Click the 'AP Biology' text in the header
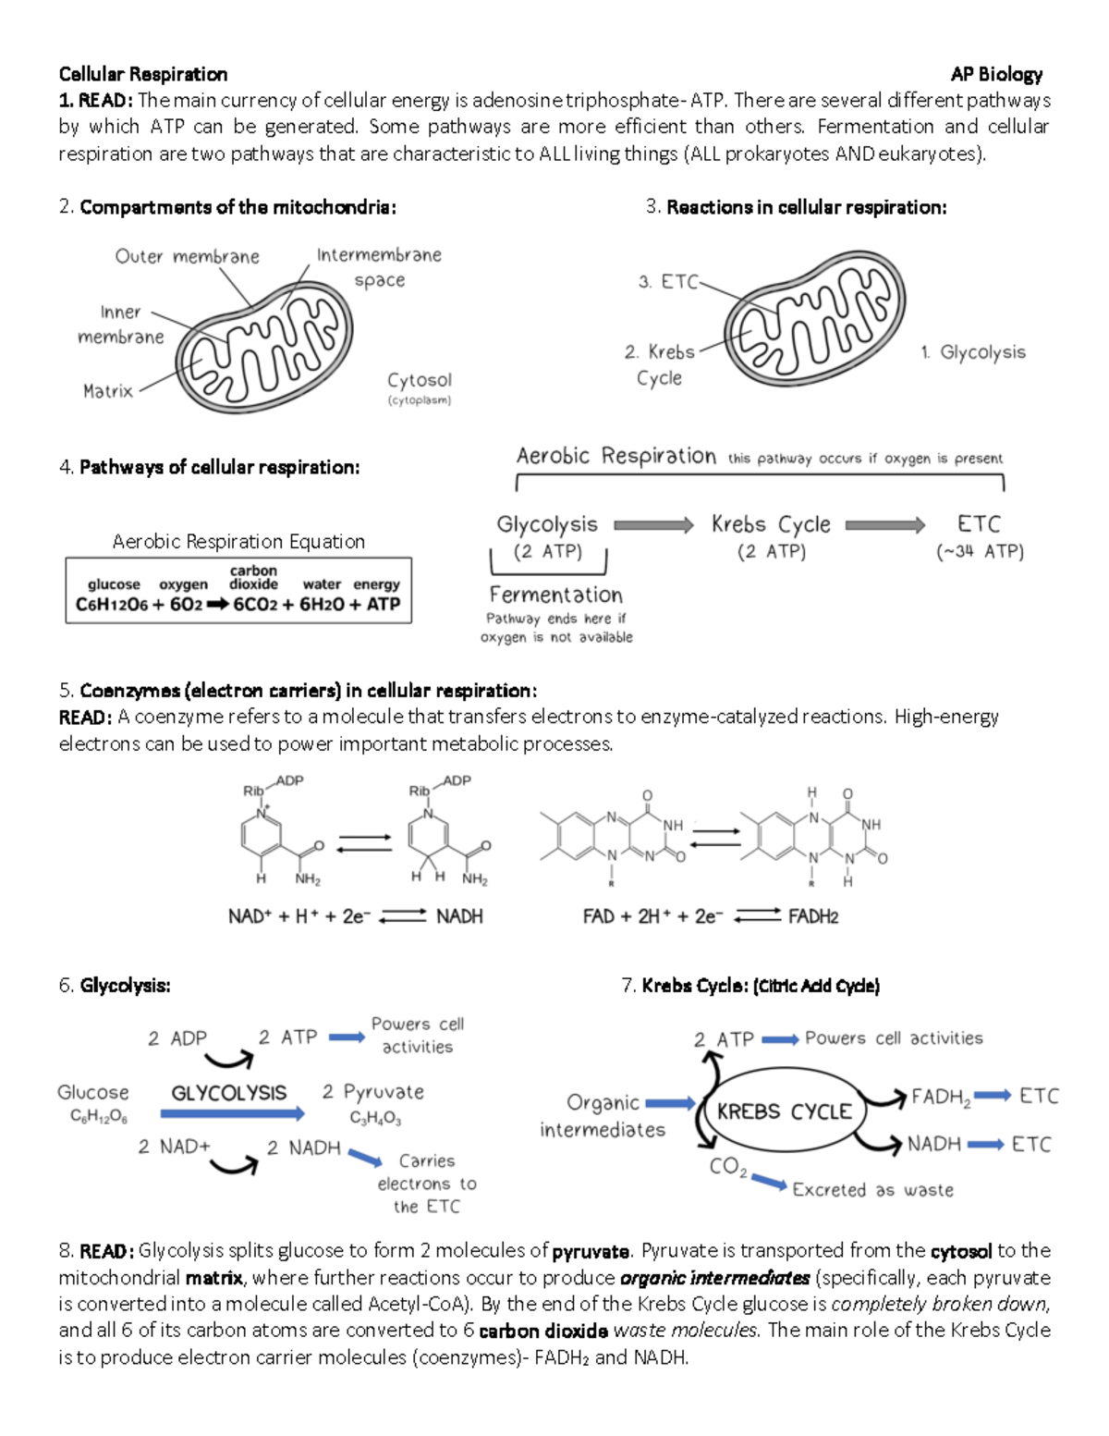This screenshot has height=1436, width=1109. click(996, 74)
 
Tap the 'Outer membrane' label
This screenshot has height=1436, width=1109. click(187, 256)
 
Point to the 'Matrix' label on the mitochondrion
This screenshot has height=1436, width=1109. click(108, 391)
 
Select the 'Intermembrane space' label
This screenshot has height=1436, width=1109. click(379, 266)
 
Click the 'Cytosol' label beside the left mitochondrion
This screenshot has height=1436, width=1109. click(420, 380)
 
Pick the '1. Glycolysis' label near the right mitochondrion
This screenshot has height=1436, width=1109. click(973, 352)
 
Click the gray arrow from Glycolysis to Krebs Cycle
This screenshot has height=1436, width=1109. click(653, 525)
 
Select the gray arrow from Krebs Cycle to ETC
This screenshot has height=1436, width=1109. click(884, 525)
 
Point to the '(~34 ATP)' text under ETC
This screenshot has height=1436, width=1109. click(980, 552)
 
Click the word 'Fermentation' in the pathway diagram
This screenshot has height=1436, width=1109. click(555, 595)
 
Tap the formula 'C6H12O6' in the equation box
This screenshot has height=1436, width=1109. click(111, 605)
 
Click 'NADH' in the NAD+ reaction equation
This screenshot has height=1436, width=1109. click(459, 916)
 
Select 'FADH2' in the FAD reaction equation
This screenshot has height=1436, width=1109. click(813, 916)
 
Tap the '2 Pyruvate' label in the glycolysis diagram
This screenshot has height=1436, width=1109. click(373, 1092)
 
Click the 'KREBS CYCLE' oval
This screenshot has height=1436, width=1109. click(785, 1111)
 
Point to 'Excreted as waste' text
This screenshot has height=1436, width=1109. click(872, 1190)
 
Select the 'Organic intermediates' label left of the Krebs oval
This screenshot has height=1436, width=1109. click(603, 1116)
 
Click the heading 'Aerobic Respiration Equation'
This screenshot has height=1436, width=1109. click(238, 541)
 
